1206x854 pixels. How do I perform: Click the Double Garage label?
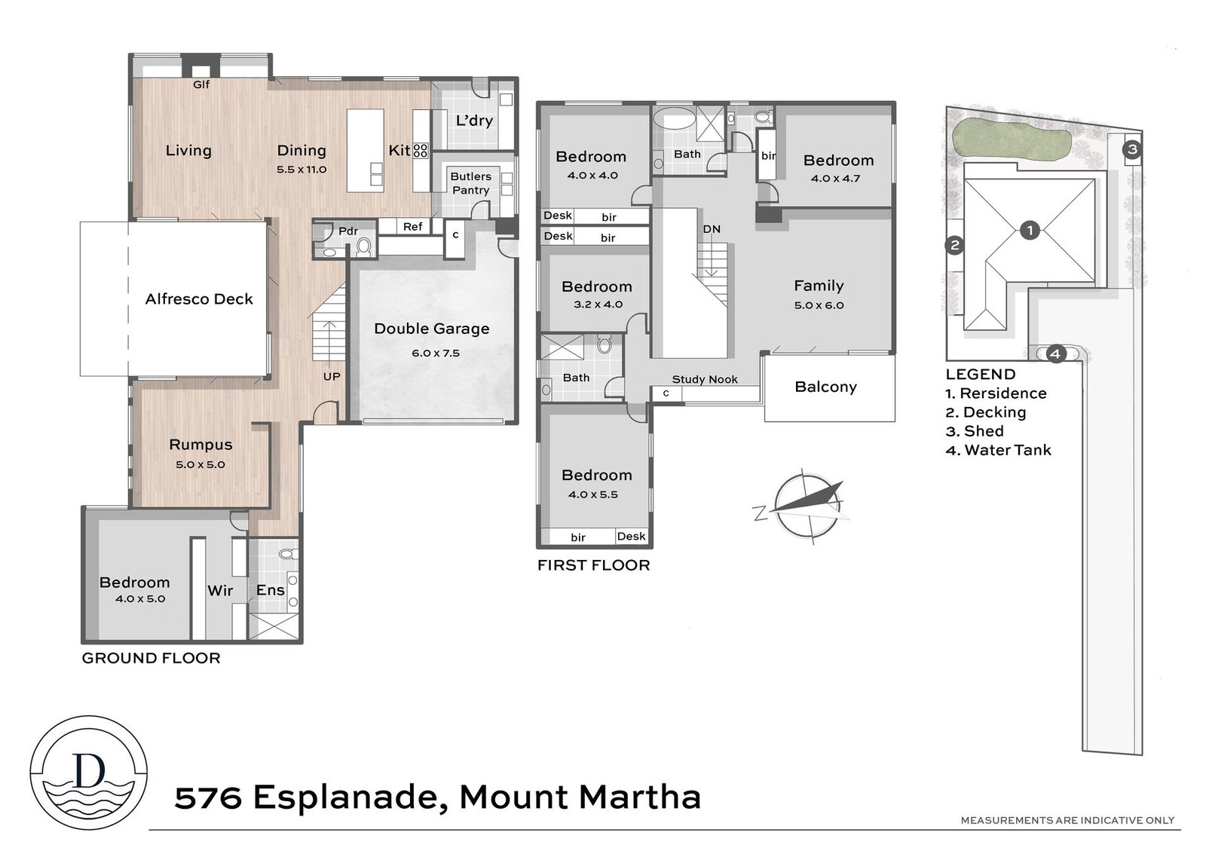tap(432, 329)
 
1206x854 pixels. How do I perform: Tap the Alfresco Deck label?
tap(199, 299)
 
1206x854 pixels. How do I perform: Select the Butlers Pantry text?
tap(470, 183)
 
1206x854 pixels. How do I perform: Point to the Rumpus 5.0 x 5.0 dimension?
tap(200, 464)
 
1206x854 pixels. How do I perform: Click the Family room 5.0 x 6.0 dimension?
tap(819, 305)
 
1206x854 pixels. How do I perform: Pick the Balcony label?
tap(825, 387)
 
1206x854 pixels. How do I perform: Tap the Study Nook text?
tap(705, 379)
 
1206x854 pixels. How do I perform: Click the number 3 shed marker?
tap(1131, 149)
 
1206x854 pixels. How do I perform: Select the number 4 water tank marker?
tap(1055, 354)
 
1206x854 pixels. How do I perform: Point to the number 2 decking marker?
tap(954, 246)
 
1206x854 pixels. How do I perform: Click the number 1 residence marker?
tap(1030, 231)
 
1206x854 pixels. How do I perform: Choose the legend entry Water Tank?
tap(998, 450)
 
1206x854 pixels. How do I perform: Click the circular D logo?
tap(88, 773)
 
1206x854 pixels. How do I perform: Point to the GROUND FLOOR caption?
tap(152, 658)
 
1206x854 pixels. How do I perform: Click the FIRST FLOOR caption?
tap(594, 565)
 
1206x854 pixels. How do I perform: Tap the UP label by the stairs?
tap(332, 377)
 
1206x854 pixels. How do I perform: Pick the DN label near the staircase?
tap(712, 229)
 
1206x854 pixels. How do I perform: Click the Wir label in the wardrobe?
tap(220, 591)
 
